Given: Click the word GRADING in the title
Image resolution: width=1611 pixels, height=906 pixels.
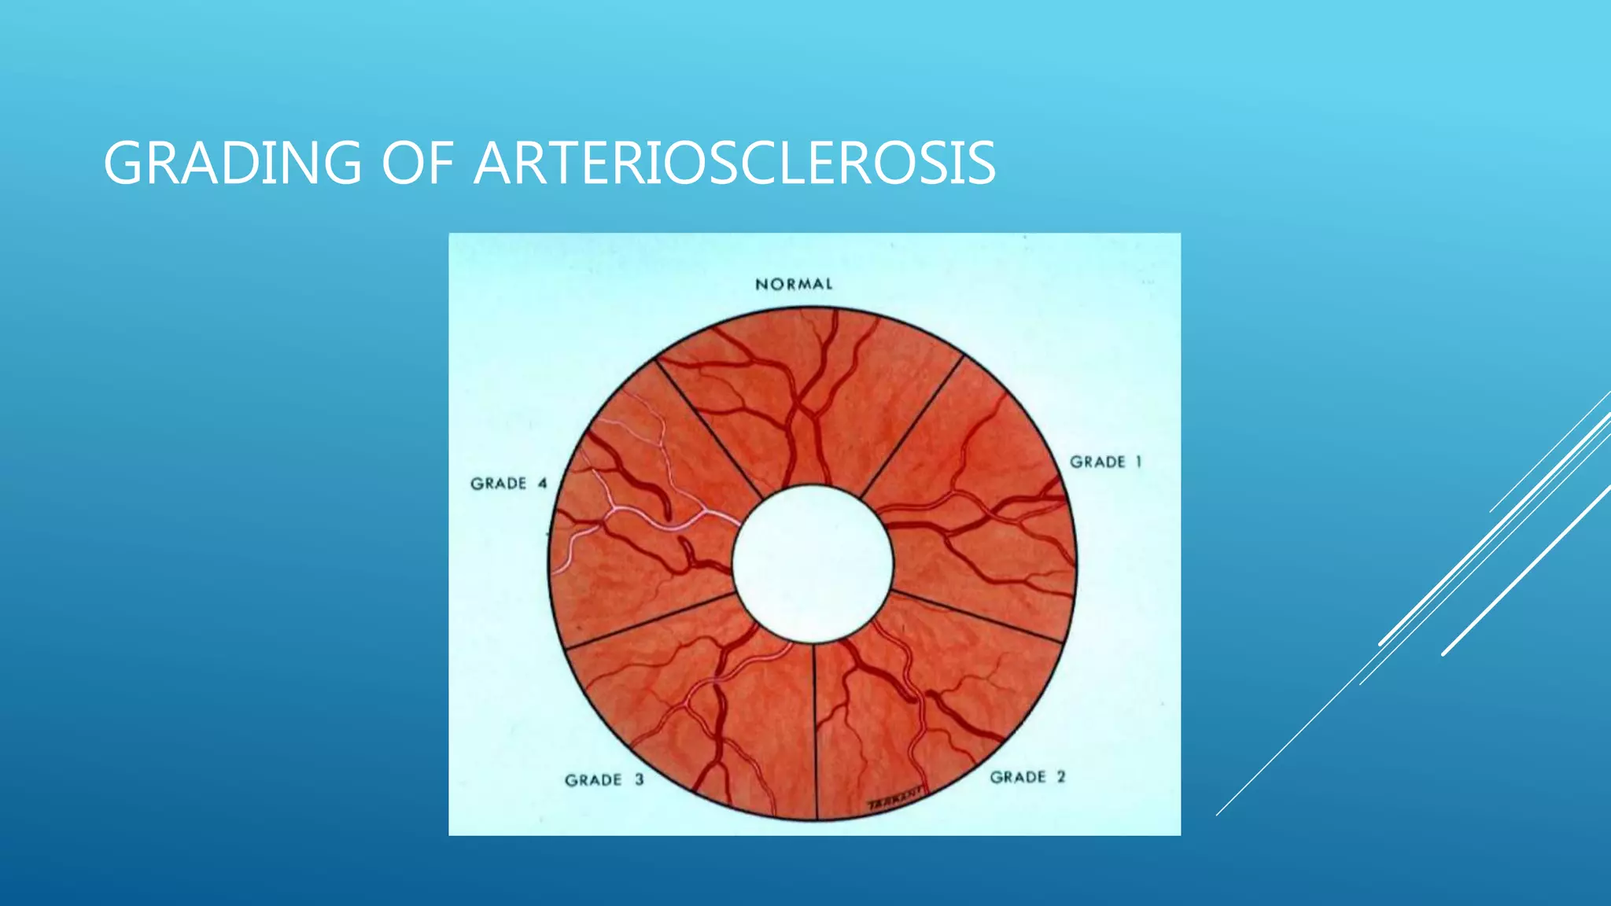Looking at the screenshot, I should point(232,164).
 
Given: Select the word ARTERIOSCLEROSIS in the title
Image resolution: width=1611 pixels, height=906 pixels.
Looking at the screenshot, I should point(735,164).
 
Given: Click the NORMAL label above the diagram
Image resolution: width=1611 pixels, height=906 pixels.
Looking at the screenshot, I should point(794,285).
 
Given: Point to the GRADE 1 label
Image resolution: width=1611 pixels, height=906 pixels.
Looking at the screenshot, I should point(1105,462).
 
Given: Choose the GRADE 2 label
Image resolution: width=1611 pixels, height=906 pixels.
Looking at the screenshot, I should point(1027,777).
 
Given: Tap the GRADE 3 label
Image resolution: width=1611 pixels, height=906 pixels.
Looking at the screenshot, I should point(604,780).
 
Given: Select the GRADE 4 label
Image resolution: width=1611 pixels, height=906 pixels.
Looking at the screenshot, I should point(508,484).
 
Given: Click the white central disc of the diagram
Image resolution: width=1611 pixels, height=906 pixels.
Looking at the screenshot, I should point(813,563).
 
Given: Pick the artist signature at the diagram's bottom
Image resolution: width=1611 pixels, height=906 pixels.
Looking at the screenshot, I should point(895,800).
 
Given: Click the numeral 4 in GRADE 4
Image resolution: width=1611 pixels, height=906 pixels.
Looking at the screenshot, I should point(542,484).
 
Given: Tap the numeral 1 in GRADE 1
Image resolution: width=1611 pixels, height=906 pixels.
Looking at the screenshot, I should point(1137,462).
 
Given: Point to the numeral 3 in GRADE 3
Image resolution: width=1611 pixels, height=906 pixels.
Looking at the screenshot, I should point(639,780).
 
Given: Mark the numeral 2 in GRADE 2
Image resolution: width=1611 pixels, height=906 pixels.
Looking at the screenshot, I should point(1061,777).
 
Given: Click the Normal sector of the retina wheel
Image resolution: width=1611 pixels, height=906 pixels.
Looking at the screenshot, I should point(810,393).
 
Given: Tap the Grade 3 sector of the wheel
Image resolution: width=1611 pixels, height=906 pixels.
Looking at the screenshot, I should point(692,708).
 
